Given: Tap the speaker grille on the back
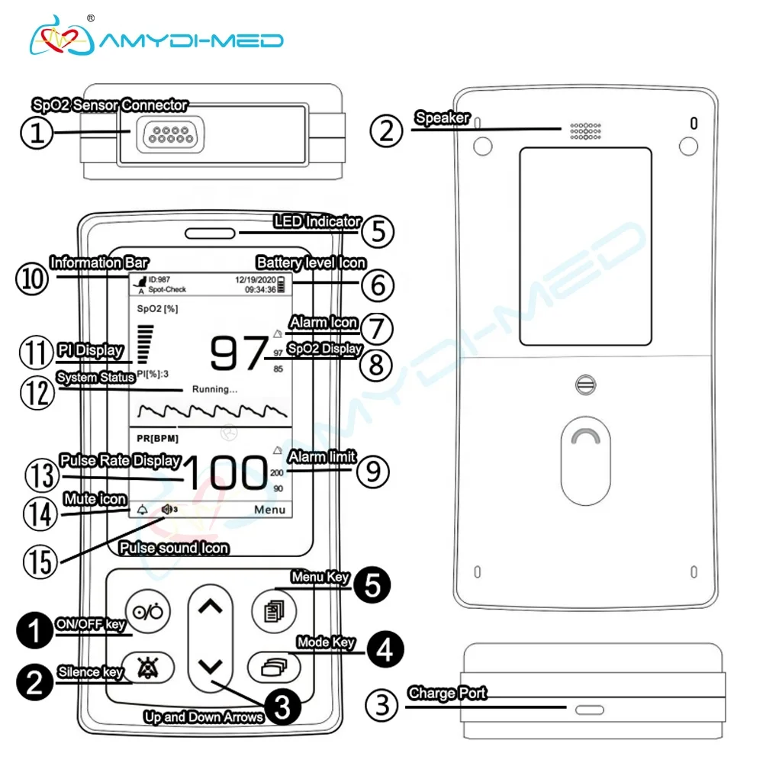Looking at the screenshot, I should [x=584, y=130].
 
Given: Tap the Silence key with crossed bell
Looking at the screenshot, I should [x=146, y=668].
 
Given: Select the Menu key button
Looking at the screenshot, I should [x=275, y=609].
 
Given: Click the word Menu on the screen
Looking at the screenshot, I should [x=270, y=510].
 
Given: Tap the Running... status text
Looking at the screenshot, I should [x=214, y=389].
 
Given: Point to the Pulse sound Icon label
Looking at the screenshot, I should [x=174, y=549].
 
